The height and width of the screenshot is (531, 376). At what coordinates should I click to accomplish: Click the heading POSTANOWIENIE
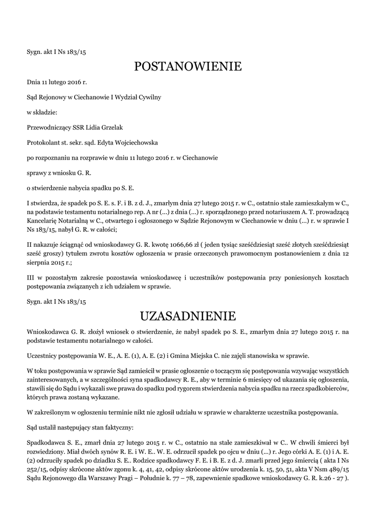tap(188, 67)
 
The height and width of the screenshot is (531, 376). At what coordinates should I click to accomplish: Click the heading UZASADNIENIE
tap(188, 315)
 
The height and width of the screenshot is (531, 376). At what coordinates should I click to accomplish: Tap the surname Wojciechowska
tap(132, 143)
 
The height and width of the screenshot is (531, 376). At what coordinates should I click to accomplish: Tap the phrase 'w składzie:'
tap(42, 112)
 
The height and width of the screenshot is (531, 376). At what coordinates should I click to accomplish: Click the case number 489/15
tap(338, 469)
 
